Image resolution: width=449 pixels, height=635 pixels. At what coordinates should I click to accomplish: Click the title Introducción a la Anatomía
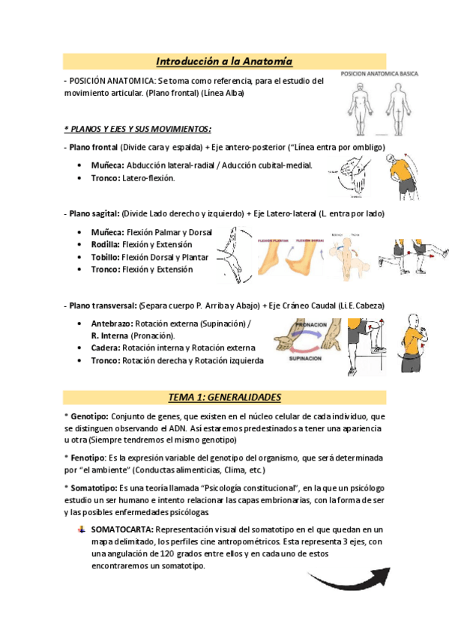click(224, 61)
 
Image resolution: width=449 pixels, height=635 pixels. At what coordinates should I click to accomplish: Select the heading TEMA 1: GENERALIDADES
click(224, 396)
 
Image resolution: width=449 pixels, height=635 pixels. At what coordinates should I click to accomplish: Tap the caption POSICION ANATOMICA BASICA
click(379, 73)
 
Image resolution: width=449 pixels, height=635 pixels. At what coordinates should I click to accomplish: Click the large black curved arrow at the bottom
click(348, 577)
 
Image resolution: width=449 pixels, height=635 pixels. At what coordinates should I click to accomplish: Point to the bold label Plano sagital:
click(93, 213)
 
